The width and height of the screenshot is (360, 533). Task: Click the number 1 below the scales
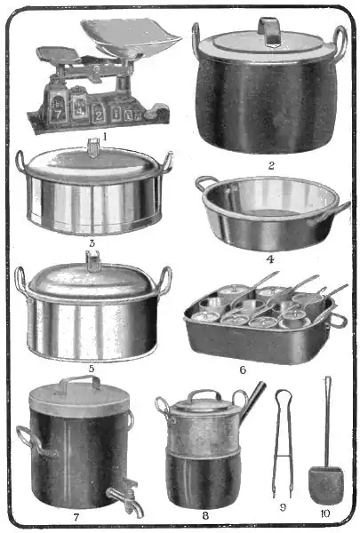click(x=105, y=136)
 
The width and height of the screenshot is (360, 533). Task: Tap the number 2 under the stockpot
click(x=271, y=165)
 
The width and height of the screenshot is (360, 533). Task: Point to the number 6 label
click(x=243, y=370)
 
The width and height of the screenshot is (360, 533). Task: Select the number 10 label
click(x=325, y=513)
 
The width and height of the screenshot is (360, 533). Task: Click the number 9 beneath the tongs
click(x=283, y=507)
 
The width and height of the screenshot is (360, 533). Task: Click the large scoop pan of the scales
click(x=131, y=36)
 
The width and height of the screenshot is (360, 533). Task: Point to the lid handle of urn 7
click(x=80, y=381)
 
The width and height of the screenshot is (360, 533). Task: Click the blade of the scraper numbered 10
click(x=326, y=485)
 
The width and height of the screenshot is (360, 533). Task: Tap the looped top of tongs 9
click(x=284, y=394)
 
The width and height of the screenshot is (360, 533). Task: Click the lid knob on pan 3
click(x=92, y=147)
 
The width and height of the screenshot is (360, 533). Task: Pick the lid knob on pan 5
click(x=93, y=260)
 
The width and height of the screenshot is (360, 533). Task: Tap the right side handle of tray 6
click(x=339, y=320)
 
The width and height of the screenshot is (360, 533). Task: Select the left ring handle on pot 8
click(x=163, y=406)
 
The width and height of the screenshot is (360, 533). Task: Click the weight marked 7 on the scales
click(x=56, y=108)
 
